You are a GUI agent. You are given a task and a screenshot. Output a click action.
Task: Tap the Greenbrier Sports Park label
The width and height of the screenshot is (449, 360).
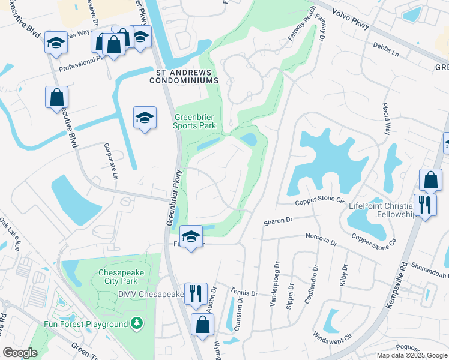(x=194, y=122)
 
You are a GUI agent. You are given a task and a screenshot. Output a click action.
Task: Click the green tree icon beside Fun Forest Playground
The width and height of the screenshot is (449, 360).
(x=137, y=324)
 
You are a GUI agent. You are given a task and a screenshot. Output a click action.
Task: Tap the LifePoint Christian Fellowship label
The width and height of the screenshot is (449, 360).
(x=382, y=211)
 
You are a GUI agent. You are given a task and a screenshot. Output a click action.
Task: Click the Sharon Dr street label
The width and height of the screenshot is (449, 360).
(x=277, y=221)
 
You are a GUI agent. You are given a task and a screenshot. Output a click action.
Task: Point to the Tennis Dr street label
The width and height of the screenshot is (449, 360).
(x=244, y=292)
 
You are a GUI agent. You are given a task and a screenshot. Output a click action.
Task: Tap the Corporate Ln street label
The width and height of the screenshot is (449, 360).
(x=112, y=161)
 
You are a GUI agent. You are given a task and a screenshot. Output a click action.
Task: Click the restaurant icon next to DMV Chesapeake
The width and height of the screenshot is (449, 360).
(x=195, y=293)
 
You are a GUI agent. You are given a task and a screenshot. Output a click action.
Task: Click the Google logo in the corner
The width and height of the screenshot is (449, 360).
(x=20, y=353)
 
